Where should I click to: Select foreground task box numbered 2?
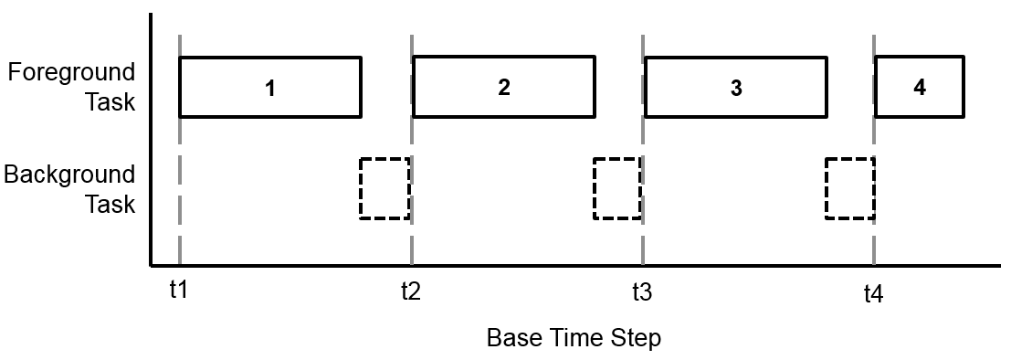(x=503, y=87)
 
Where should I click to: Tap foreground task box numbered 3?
(x=736, y=88)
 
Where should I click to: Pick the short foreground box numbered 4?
(x=919, y=88)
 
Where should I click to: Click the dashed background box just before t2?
(x=384, y=188)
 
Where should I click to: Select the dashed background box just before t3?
(x=617, y=188)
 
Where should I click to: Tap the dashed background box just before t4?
(x=849, y=188)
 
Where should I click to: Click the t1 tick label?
(x=178, y=291)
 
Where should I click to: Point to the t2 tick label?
(x=410, y=292)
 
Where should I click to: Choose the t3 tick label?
(x=642, y=292)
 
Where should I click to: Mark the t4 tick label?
(x=874, y=293)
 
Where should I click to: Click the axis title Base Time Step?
(x=573, y=338)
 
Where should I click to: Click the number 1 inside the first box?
(x=270, y=89)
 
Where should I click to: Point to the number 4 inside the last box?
(x=919, y=88)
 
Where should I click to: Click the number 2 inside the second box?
(x=504, y=88)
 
